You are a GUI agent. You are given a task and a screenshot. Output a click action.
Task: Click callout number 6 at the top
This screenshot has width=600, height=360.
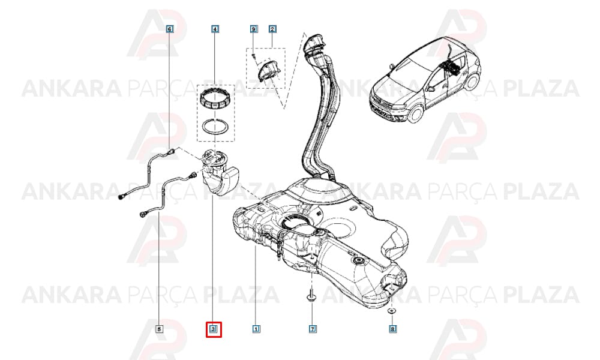(170, 29)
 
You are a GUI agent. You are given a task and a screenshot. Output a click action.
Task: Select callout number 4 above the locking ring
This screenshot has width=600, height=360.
(215, 29)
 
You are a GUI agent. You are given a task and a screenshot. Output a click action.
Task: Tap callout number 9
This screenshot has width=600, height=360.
(253, 29)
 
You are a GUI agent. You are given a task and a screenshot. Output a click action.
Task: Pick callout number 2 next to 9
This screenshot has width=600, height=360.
(272, 29)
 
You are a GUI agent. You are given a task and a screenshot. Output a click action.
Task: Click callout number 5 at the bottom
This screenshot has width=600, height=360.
(159, 329)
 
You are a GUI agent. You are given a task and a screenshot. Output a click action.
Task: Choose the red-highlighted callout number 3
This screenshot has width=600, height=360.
(214, 329)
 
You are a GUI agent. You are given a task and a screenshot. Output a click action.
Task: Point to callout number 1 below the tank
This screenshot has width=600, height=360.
(256, 329)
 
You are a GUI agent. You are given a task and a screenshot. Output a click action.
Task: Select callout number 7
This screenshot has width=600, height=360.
(313, 329)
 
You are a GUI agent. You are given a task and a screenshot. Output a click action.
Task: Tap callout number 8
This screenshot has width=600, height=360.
(392, 329)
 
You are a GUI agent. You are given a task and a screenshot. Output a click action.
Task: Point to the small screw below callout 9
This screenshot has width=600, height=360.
(253, 56)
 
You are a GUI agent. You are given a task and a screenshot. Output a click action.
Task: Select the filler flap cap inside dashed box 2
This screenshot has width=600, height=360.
(269, 70)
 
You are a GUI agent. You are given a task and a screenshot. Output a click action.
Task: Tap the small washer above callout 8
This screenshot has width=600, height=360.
(391, 311)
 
